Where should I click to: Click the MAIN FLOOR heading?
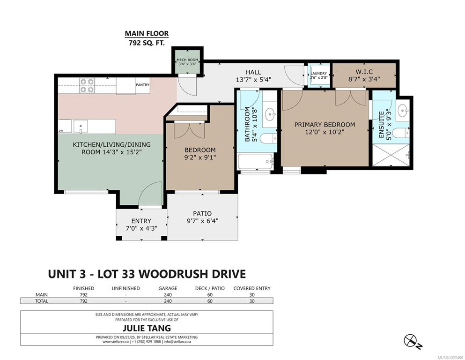(147, 34)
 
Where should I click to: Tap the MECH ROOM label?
(187, 60)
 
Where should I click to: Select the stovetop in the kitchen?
(87, 85)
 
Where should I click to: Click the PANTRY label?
(143, 85)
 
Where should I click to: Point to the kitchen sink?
(81, 127)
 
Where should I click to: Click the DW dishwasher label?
(60, 131)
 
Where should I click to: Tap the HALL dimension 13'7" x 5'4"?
(253, 80)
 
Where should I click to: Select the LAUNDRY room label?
(319, 73)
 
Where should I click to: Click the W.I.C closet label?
(364, 72)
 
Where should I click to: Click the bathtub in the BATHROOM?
(256, 161)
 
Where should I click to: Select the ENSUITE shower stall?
(391, 155)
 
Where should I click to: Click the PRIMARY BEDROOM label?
(325, 125)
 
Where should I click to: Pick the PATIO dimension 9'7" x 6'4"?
(203, 221)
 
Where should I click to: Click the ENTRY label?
(141, 221)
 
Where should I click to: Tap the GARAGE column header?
(168, 288)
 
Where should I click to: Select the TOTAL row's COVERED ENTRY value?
(252, 301)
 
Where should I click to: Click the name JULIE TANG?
(147, 328)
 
